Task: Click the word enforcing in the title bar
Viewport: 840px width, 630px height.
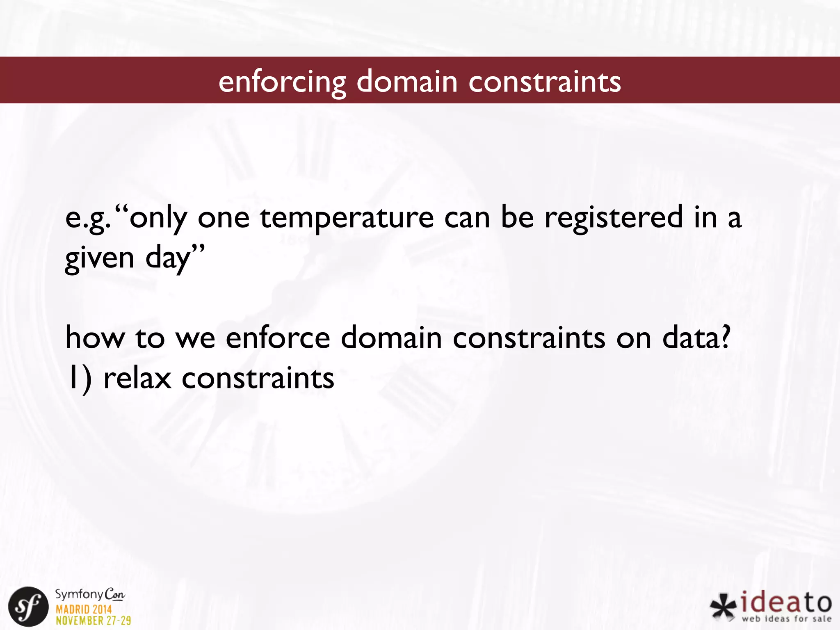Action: click(x=282, y=82)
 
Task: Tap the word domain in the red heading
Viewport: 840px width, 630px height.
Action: click(x=407, y=81)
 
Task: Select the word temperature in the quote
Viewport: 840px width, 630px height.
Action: click(x=347, y=217)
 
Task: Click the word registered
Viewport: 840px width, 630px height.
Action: click(x=614, y=217)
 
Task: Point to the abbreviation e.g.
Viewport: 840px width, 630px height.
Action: click(x=87, y=218)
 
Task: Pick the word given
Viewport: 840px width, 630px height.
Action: click(x=100, y=258)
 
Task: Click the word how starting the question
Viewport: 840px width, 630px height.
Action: click(x=95, y=338)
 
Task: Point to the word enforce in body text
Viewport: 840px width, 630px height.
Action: click(x=278, y=338)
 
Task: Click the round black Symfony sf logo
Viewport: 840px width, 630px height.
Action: click(x=28, y=607)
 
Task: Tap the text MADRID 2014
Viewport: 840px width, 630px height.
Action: click(x=84, y=609)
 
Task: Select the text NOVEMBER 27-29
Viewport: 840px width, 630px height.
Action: click(x=93, y=621)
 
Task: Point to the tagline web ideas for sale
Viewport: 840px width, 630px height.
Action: click(x=786, y=619)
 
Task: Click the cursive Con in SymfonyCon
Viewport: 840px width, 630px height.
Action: click(x=114, y=594)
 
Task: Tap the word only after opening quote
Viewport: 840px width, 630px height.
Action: click(x=158, y=218)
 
